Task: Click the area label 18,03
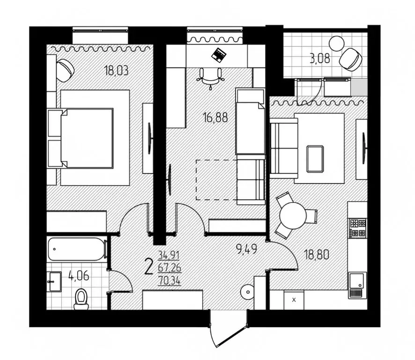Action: coord(116,71)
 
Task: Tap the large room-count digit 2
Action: coord(149,267)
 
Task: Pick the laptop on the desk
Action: coord(218,54)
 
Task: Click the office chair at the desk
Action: coord(210,76)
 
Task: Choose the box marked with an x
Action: coord(294,299)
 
